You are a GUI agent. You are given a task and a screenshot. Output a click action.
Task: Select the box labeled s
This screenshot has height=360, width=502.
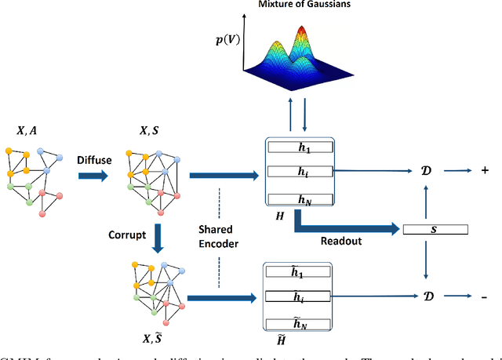(435, 229)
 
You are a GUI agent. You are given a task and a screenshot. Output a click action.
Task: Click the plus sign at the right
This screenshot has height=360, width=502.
(478, 169)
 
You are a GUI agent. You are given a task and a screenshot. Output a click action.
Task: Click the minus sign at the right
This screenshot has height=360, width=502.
(478, 297)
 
